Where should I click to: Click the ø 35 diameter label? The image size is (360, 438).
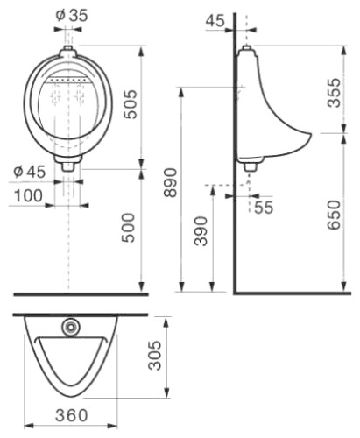pyautogui.click(x=72, y=16)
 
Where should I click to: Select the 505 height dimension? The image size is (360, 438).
pyautogui.click(x=130, y=104)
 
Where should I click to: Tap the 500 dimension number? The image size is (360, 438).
pyautogui.click(x=129, y=228)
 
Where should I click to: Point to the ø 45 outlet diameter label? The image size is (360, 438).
pyautogui.click(x=30, y=172)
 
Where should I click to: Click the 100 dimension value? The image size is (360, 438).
pyautogui.click(x=28, y=195)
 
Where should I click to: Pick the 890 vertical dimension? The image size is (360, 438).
pyautogui.click(x=170, y=183)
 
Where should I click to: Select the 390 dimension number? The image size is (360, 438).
pyautogui.click(x=201, y=231)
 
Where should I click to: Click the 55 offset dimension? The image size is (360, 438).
pyautogui.click(x=264, y=208)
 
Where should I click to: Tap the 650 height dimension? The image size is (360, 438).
pyautogui.click(x=334, y=215)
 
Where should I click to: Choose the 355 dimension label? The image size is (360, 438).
pyautogui.click(x=334, y=93)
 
